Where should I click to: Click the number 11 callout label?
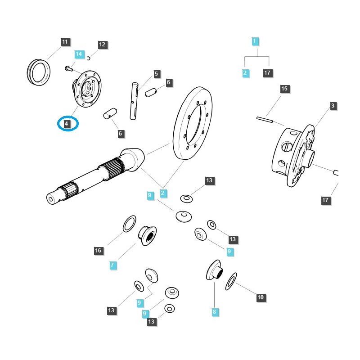click(x=65, y=42)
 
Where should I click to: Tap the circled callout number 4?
click(x=67, y=123)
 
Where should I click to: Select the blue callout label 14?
click(x=79, y=54)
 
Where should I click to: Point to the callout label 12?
click(x=102, y=45)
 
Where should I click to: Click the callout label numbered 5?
click(x=156, y=74)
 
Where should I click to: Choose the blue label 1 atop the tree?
click(x=255, y=41)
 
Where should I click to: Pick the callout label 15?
click(x=284, y=89)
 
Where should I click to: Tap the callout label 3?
click(x=333, y=106)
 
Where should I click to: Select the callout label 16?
click(x=98, y=251)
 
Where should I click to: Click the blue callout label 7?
click(x=112, y=265)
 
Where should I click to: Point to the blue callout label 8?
click(x=214, y=311)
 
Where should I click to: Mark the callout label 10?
click(x=261, y=297)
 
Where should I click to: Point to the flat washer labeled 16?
click(x=130, y=223)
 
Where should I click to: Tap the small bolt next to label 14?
click(x=67, y=68)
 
